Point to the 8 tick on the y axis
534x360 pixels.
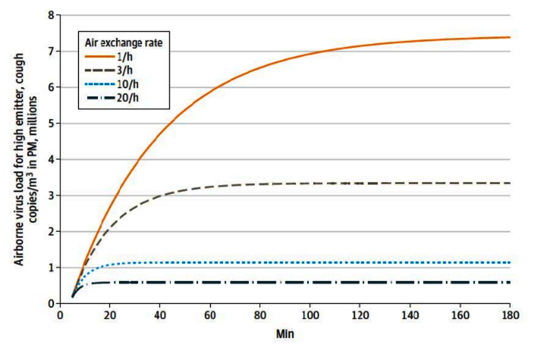(x=51, y=15)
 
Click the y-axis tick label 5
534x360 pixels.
(x=51, y=123)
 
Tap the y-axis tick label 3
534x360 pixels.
(x=51, y=196)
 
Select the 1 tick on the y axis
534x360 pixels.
(x=51, y=267)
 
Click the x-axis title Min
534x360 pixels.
(x=284, y=335)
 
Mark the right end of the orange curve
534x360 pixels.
(x=510, y=37)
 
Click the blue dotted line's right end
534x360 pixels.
(x=510, y=262)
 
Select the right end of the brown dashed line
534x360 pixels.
(x=510, y=183)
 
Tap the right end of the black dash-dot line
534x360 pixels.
(x=510, y=282)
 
